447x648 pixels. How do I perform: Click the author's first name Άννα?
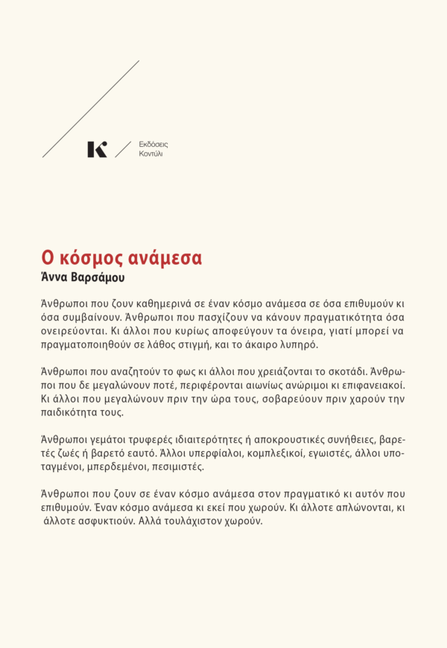coord(55,277)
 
